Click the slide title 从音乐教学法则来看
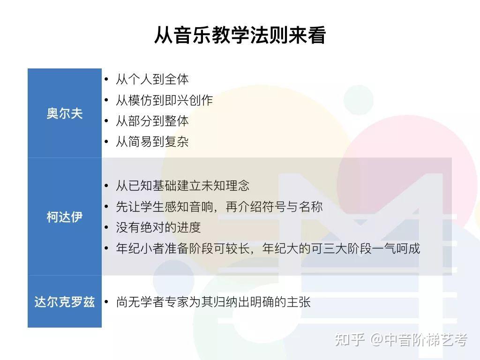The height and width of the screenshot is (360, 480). [x=240, y=35]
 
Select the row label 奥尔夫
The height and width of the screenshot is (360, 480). [x=65, y=113]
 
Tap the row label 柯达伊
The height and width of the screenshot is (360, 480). [x=65, y=217]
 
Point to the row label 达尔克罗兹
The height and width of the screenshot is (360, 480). [x=65, y=302]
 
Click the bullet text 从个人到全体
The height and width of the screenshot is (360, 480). [x=152, y=79]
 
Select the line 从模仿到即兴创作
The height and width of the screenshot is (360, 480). [x=165, y=100]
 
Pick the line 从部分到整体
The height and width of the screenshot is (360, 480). [x=152, y=121]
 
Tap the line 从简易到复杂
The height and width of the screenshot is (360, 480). [x=152, y=142]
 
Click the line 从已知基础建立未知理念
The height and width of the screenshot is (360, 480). [x=183, y=186]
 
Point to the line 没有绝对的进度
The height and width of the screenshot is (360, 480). [x=158, y=227]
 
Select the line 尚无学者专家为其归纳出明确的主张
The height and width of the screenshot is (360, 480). [x=213, y=302]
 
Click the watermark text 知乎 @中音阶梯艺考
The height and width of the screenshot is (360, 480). [x=401, y=339]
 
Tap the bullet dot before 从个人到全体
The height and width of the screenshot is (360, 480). [x=106, y=79]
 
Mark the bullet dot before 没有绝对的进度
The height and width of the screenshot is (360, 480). [x=106, y=227]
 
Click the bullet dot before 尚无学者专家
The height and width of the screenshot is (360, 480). [x=106, y=302]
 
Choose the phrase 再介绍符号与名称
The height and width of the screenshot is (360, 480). [x=274, y=207]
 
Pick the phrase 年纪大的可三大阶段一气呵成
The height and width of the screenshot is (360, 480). [x=341, y=248]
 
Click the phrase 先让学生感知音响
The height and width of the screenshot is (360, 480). [x=165, y=207]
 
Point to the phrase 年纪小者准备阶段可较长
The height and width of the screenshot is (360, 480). [x=183, y=248]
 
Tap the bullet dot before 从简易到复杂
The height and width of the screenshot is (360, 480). [x=106, y=142]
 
